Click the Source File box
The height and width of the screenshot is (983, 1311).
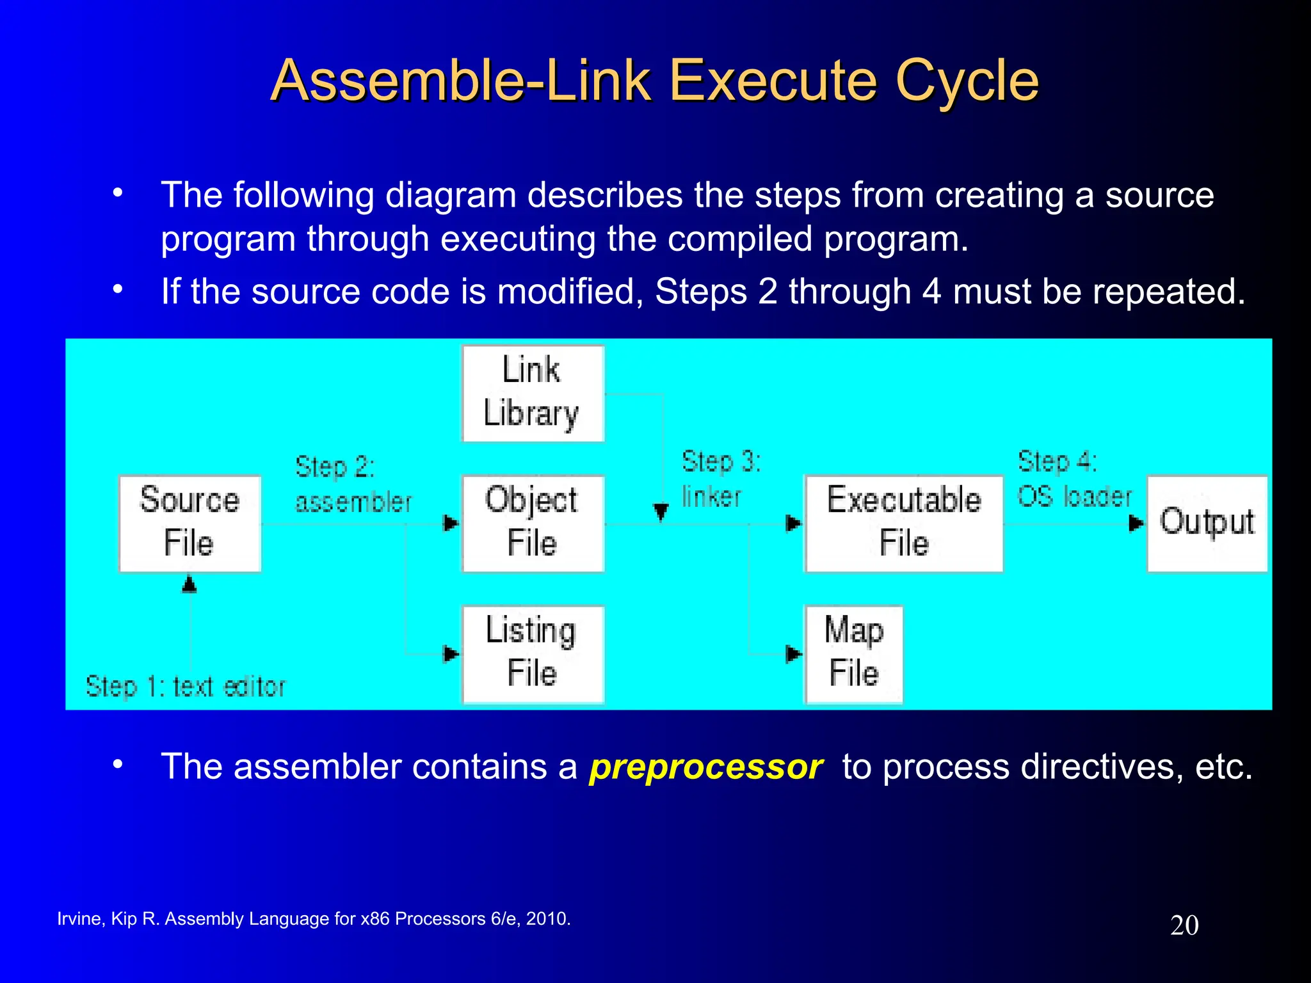[189, 523]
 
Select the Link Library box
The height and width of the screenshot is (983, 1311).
[533, 393]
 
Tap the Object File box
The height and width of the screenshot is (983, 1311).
[533, 523]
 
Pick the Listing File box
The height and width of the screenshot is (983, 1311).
[533, 653]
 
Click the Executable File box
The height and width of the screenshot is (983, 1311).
[903, 523]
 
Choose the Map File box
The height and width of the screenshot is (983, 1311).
[853, 653]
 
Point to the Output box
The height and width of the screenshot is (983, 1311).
[1207, 523]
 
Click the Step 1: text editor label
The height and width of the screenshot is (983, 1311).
[186, 687]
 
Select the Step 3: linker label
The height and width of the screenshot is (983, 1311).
[720, 479]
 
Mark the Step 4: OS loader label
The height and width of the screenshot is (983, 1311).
[1074, 479]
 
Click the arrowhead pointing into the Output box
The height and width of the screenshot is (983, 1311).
[1136, 523]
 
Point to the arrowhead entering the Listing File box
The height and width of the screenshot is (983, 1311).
[451, 653]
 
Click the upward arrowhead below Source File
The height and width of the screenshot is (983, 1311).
[189, 584]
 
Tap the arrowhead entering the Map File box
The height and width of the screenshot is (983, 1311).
[794, 653]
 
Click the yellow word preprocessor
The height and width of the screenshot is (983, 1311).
[705, 767]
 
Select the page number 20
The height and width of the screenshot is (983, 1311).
[1184, 925]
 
